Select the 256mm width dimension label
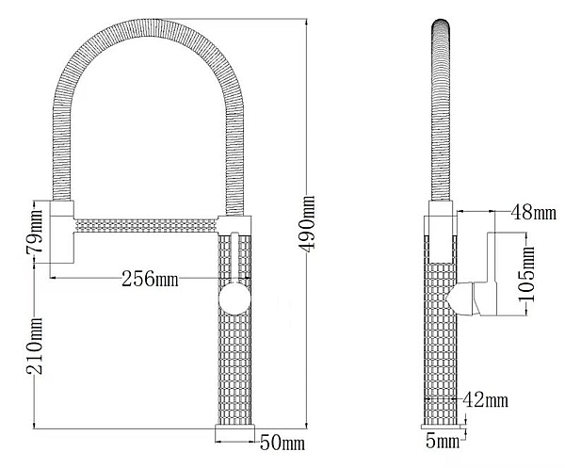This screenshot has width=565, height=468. pyautogui.click(x=150, y=278)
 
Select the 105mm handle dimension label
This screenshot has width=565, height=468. pyautogui.click(x=528, y=274)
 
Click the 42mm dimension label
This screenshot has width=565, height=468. pyautogui.click(x=488, y=401)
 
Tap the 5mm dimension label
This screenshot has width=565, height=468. pyautogui.click(x=443, y=441)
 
